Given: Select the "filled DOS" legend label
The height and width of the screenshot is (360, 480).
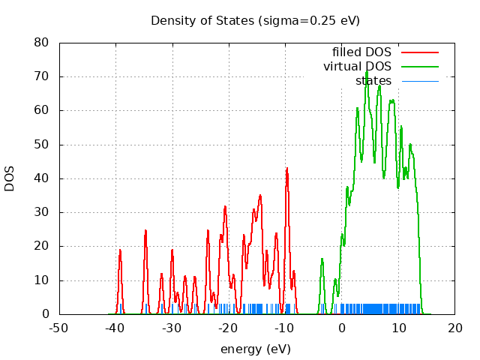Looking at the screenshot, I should (x=361, y=52).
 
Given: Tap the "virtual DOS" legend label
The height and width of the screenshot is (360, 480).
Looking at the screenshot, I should (x=357, y=67).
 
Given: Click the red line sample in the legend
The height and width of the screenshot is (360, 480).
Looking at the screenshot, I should (x=419, y=52).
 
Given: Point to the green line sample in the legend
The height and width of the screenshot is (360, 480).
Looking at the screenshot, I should (x=419, y=67).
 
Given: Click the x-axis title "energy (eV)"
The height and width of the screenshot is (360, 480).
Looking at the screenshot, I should (x=255, y=349).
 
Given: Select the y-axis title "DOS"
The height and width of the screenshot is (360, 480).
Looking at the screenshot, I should (x=10, y=178).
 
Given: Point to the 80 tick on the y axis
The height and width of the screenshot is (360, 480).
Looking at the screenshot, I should (x=42, y=43).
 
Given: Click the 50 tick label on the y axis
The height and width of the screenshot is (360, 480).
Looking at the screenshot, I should (x=42, y=145).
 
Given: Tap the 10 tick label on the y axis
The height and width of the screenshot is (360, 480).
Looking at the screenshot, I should (x=42, y=280).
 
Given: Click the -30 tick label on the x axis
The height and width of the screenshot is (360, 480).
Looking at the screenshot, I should (x=172, y=328).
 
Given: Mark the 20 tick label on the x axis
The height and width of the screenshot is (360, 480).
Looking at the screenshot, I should (x=454, y=328).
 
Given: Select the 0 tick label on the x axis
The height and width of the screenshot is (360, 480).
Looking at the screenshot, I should (x=341, y=328).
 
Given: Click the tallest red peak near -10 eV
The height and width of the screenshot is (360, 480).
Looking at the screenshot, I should (x=286, y=169).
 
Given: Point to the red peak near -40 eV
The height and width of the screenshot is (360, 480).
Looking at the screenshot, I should (x=120, y=250).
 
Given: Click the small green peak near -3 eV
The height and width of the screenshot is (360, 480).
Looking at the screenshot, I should (x=322, y=259).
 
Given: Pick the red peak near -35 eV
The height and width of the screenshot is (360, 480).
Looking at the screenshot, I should (x=145, y=231).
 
